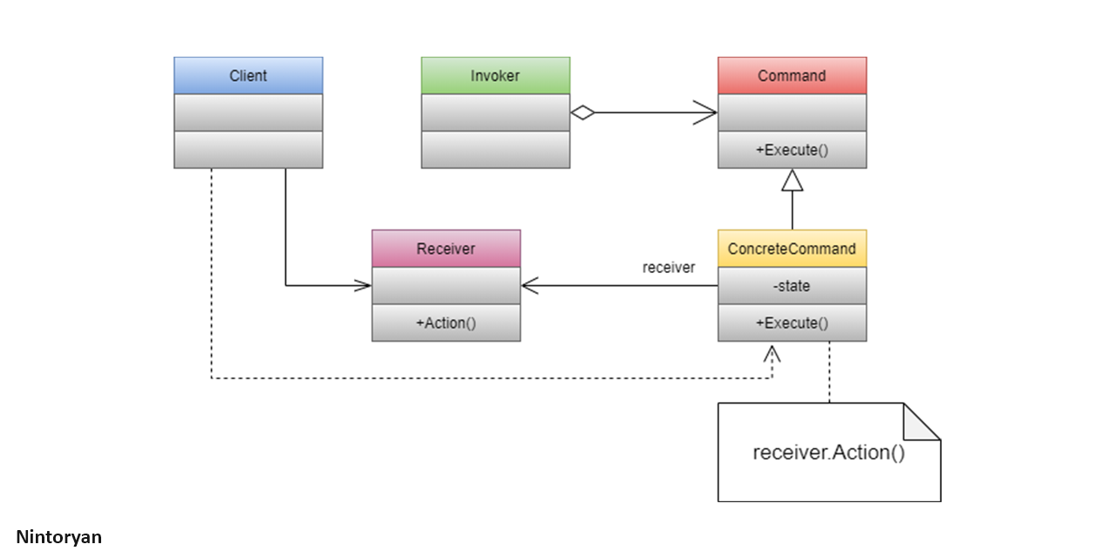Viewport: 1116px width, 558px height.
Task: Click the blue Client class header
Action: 248,76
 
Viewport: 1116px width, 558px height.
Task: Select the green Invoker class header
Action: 495,76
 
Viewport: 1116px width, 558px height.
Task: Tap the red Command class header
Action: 792,76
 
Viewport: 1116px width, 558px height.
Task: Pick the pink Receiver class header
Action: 446,248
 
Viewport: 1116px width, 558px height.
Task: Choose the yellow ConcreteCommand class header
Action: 792,248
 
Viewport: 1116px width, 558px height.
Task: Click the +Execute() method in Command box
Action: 792,150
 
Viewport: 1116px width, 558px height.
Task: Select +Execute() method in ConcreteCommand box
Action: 792,323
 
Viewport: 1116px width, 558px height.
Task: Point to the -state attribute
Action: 792,286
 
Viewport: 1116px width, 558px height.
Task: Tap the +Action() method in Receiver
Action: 446,323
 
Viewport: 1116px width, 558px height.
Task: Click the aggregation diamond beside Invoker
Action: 582,112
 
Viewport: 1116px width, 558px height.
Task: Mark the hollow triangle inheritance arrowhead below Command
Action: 792,180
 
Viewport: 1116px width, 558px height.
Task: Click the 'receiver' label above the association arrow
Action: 669,268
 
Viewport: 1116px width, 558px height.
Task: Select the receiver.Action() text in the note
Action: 828,453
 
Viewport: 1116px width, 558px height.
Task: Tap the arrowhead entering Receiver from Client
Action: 362,285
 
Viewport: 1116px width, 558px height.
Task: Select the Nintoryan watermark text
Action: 58,537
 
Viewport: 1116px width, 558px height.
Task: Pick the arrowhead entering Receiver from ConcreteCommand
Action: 530,285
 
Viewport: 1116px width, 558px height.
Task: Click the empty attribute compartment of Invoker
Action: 495,112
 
